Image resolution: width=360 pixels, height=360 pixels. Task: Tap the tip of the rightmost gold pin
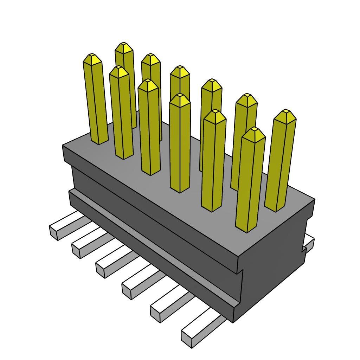click(287, 111)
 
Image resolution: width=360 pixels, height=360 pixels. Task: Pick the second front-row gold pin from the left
click(121, 112)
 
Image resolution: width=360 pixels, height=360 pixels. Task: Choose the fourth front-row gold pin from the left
click(180, 144)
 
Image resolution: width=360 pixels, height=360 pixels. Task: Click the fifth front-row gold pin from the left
click(213, 162)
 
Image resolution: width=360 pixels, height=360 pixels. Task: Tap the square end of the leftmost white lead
click(54, 233)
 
